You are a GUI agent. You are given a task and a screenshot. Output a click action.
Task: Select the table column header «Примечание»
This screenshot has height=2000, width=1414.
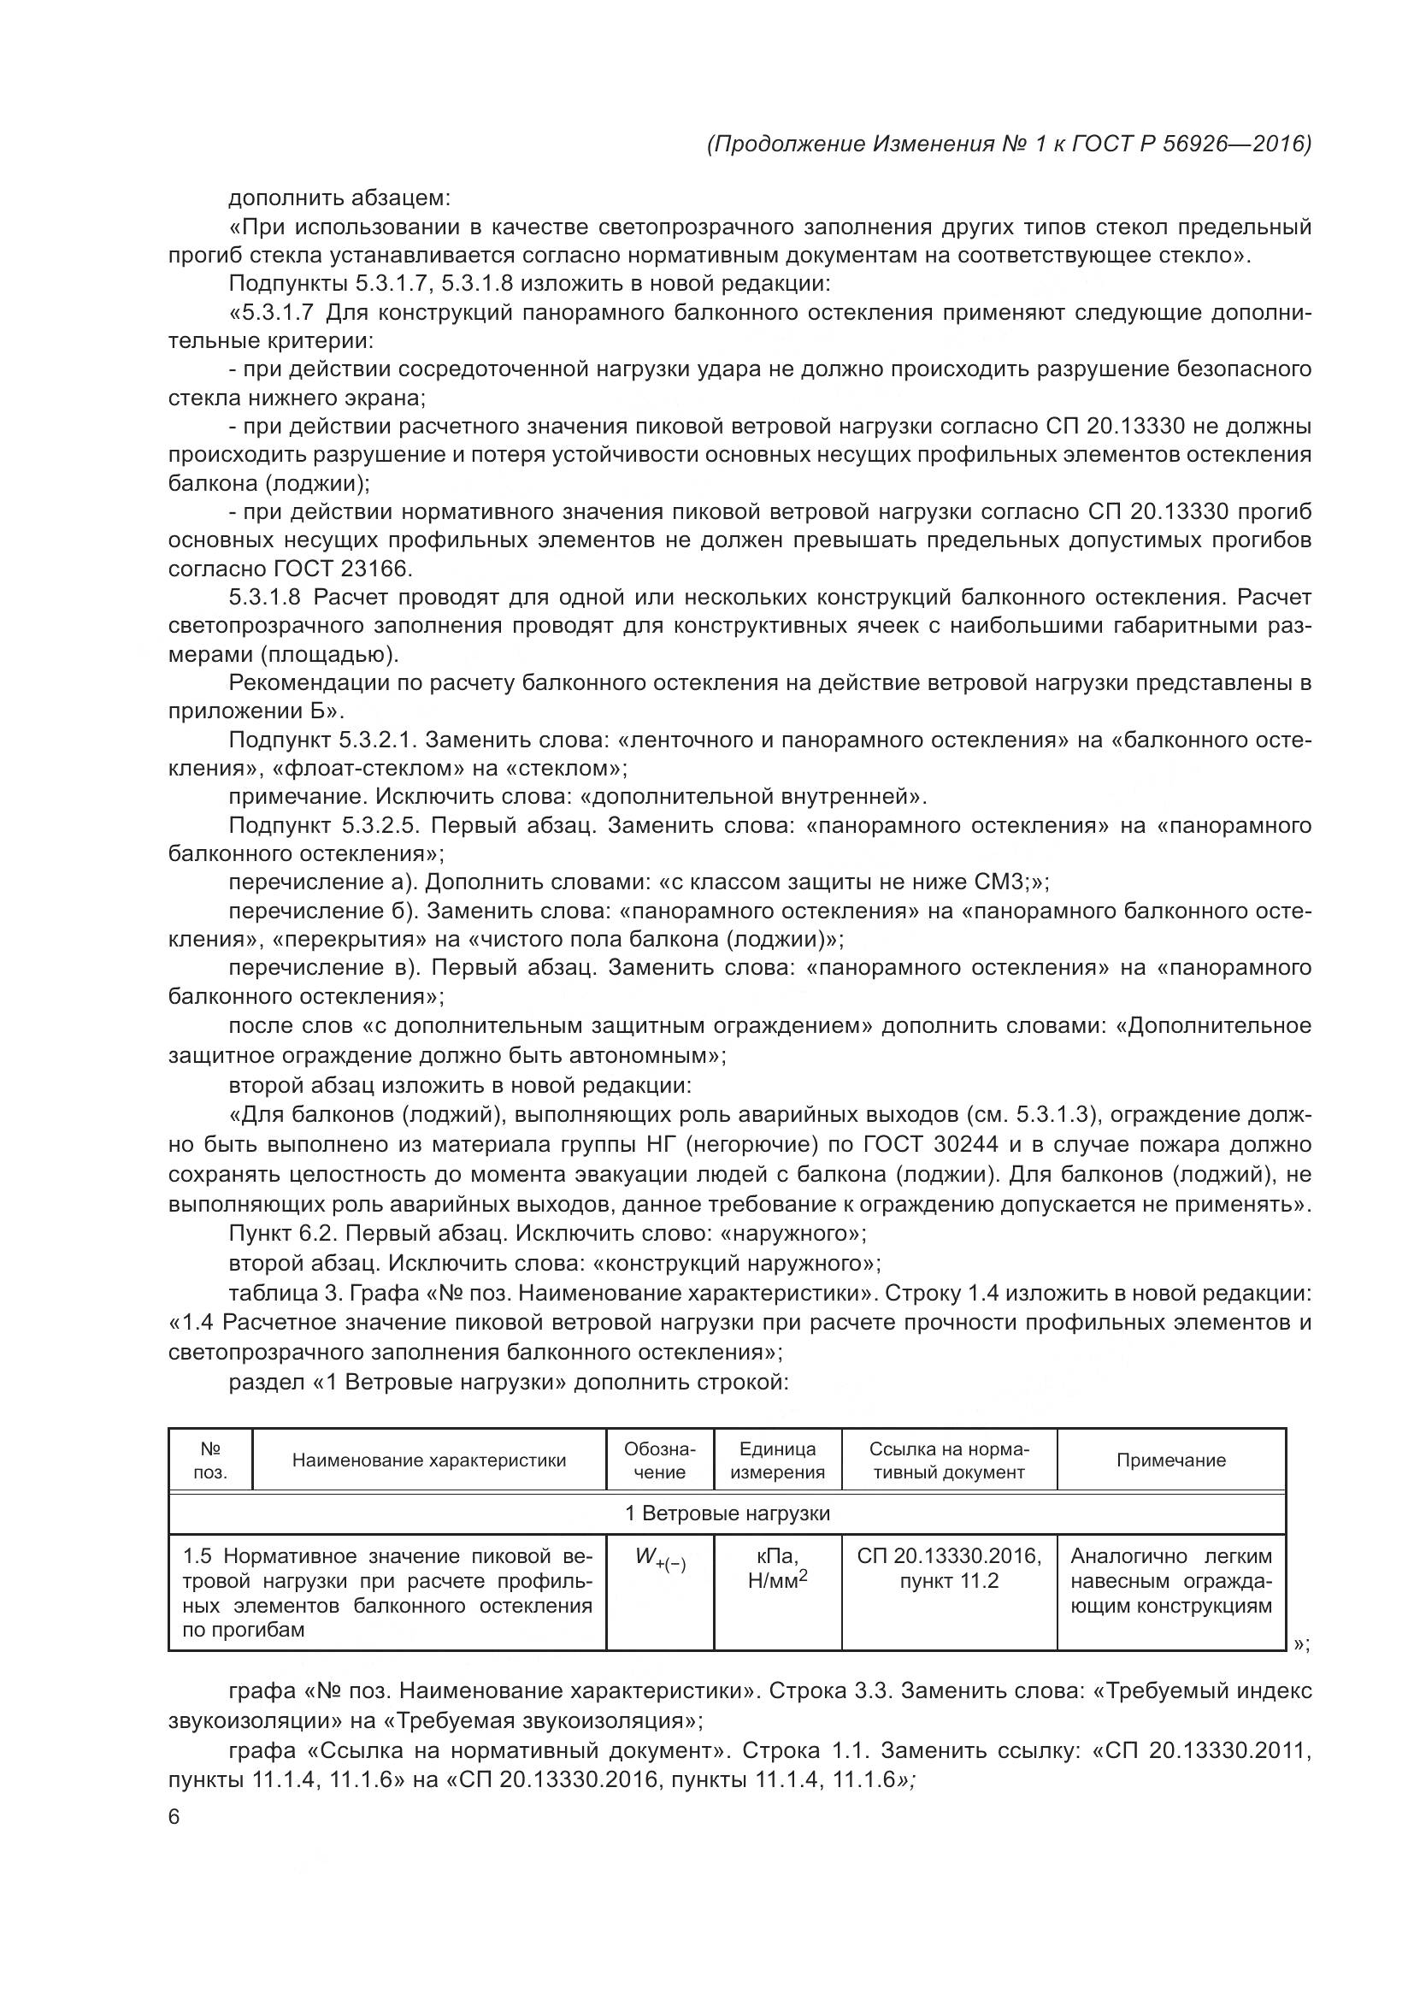[1170, 1460]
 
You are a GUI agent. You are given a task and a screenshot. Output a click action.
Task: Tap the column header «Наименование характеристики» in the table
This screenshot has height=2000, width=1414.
[428, 1460]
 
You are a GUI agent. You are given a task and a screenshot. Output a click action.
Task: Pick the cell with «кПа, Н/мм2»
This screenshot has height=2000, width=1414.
[776, 1568]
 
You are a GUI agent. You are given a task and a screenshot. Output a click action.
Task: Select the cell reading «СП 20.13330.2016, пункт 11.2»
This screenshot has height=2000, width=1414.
[948, 1568]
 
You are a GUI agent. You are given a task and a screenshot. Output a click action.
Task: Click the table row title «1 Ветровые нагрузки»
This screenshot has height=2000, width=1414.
[727, 1513]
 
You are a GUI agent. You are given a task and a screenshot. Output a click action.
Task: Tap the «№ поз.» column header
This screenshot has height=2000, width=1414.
[209, 1460]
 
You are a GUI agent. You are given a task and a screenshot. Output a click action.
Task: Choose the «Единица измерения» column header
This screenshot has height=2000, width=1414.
[776, 1460]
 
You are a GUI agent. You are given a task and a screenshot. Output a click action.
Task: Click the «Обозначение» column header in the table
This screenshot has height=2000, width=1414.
[659, 1460]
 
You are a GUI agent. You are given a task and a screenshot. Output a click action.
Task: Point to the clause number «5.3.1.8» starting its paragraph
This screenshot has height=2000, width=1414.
[265, 598]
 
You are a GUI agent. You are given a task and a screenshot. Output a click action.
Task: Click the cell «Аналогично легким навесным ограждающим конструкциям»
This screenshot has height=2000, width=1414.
[1170, 1580]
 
